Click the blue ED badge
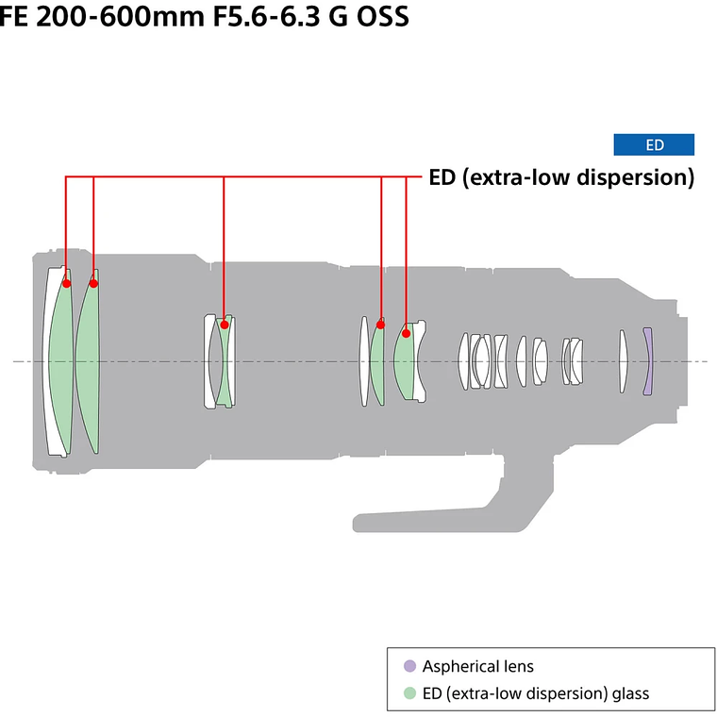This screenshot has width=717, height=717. [x=654, y=144]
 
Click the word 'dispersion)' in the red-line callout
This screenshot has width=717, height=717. [x=633, y=176]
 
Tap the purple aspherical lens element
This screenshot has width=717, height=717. [x=647, y=361]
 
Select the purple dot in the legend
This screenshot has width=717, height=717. [x=409, y=666]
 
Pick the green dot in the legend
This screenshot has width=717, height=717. [x=409, y=693]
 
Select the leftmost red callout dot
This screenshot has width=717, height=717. [x=66, y=282]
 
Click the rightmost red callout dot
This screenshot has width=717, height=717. [x=407, y=332]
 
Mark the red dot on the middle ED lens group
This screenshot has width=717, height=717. [x=224, y=325]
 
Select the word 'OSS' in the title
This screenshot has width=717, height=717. [x=381, y=18]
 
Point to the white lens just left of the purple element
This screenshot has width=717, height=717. [x=623, y=361]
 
